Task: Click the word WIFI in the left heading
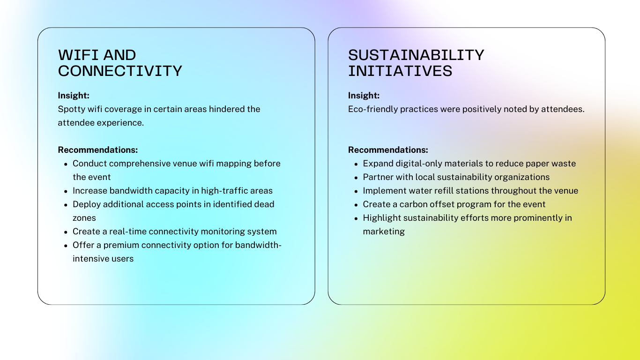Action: pyautogui.click(x=78, y=55)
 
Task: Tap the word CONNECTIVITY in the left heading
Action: pyautogui.click(x=120, y=71)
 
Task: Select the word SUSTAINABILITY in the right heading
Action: pyautogui.click(x=416, y=55)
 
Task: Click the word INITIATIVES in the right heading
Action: pyautogui.click(x=400, y=71)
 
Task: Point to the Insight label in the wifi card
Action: pyautogui.click(x=74, y=96)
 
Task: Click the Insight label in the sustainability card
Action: pyautogui.click(x=364, y=96)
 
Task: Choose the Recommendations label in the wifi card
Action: pyautogui.click(x=98, y=150)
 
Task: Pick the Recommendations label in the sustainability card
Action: pyautogui.click(x=388, y=150)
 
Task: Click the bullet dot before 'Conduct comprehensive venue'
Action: pyautogui.click(x=66, y=165)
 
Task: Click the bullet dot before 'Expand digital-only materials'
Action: pyautogui.click(x=356, y=165)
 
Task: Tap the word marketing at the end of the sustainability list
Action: pyautogui.click(x=384, y=232)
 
